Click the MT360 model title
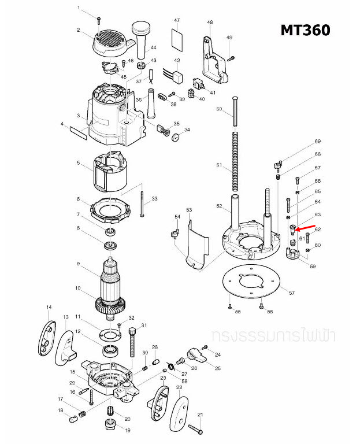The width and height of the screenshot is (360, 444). pos(306,29)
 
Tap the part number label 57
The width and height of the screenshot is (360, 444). pos(291,294)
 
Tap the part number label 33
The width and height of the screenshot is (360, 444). pos(154,199)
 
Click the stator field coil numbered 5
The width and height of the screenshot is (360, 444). pos(109,171)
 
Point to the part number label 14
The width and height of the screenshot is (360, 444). pos(49,307)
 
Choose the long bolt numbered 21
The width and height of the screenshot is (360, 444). pos(195,428)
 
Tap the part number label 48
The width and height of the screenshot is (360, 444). pos(210,23)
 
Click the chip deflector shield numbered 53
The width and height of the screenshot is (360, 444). pos(194,243)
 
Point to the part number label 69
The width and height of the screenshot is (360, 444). pos(317,142)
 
